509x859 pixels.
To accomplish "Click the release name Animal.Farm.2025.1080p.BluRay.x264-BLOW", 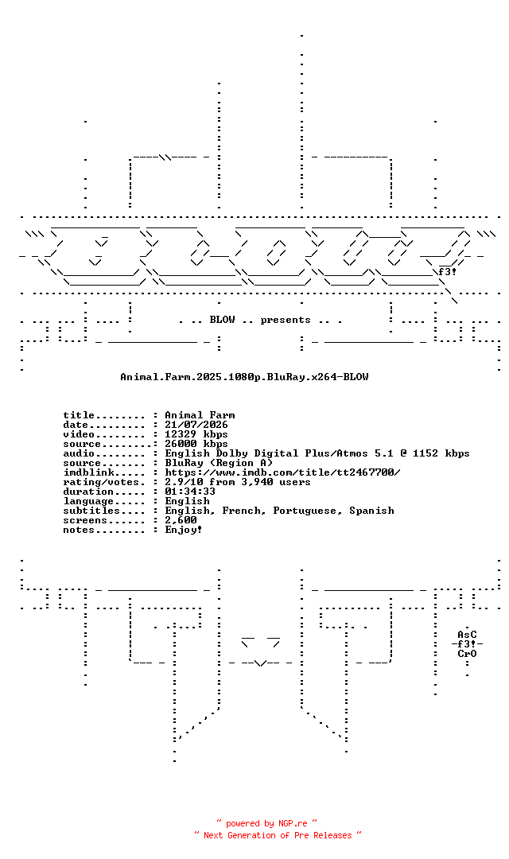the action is click(244, 377).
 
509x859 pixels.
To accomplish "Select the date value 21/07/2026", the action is click(196, 425).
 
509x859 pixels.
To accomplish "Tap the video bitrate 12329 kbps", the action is click(196, 434).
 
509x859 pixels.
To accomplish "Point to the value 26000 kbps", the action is click(196, 444).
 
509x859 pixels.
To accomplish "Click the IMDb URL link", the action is click(282, 472).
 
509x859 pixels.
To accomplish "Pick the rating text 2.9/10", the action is click(184, 482).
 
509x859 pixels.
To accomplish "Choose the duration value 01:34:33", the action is click(190, 492).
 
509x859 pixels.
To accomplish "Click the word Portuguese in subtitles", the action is click(305, 511).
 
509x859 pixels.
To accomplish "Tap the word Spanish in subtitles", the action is click(371, 511).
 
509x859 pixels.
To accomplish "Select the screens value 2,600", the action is click(181, 520).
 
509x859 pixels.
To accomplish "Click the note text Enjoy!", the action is click(184, 530).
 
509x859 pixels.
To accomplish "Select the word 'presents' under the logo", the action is click(286, 320).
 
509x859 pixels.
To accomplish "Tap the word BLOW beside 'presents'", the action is click(222, 320).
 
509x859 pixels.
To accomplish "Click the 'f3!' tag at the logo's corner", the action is click(448, 272).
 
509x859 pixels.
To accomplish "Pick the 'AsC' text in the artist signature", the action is click(467, 635).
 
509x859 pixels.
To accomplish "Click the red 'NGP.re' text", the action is click(293, 823).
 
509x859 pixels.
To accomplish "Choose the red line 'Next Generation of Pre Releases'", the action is click(278, 835).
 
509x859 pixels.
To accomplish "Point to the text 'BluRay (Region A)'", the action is click(219, 463).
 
